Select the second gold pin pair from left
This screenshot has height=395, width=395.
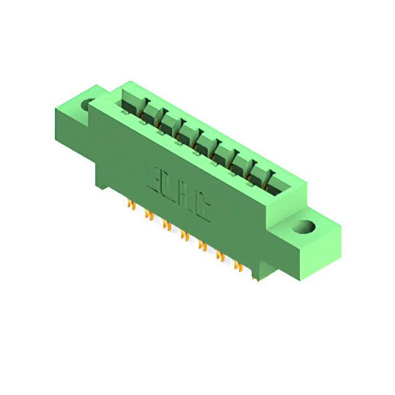pos(148,214)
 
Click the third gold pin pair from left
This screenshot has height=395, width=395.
pos(166,225)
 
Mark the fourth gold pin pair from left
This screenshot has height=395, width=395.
pos(183,235)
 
